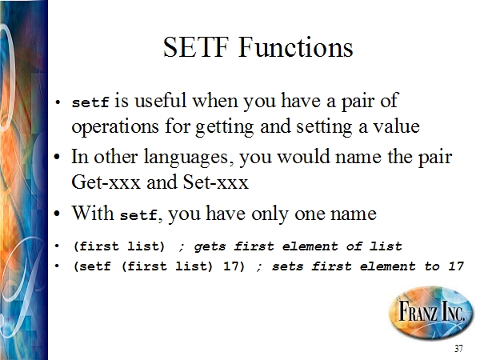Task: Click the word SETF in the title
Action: point(196,47)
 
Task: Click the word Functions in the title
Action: point(296,47)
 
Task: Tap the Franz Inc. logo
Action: point(431,312)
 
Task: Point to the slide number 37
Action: point(458,348)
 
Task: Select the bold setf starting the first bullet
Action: point(90,102)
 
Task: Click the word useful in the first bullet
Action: point(160,100)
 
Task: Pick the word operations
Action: point(115,126)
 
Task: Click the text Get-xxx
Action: point(106,182)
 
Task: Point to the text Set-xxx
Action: point(215,182)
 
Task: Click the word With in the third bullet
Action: point(93,213)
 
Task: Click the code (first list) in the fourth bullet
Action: point(119,246)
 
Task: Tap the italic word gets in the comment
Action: point(210,246)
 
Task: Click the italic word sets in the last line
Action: point(287,266)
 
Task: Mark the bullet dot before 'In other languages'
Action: point(58,157)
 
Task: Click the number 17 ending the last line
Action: point(456,266)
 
